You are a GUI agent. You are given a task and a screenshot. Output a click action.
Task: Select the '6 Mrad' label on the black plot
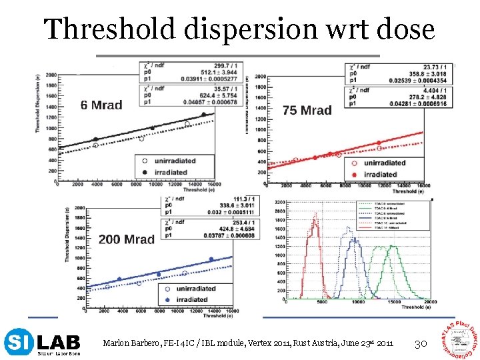point(101,105)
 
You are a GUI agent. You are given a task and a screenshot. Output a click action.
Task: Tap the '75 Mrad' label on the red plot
point(307,110)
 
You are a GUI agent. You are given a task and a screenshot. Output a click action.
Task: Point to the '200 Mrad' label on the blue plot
point(126,239)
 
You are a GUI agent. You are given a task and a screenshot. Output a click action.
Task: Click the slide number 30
point(421,343)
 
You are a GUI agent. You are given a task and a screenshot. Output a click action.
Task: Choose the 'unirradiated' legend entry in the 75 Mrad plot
point(383,163)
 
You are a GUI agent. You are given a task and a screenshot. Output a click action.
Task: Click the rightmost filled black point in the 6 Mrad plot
point(204,114)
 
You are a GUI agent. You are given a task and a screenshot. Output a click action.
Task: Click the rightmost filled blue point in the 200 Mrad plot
point(211,259)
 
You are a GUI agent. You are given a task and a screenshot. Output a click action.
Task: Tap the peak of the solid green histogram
point(392,246)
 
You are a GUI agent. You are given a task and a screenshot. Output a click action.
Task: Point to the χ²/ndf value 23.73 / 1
point(435,67)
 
